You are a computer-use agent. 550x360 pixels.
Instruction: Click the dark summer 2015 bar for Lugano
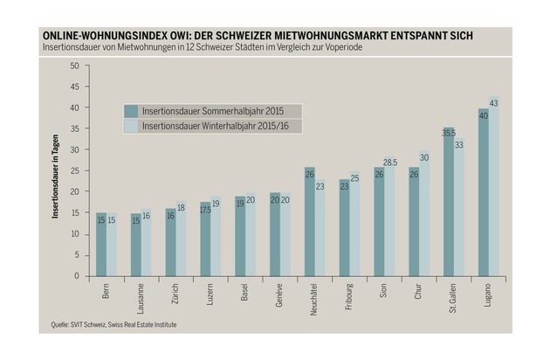point(483,192)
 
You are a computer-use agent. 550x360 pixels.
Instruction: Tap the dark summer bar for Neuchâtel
point(310,222)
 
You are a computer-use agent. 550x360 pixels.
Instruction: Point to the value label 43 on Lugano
point(495,104)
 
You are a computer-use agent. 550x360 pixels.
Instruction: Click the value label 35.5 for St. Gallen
point(449,133)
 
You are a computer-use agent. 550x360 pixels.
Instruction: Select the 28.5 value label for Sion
point(390,163)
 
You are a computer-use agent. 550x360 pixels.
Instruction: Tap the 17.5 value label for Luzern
point(206,210)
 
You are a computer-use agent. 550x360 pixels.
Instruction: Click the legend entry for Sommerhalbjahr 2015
point(212,110)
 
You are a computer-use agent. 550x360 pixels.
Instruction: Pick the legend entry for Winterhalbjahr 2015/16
point(212,126)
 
